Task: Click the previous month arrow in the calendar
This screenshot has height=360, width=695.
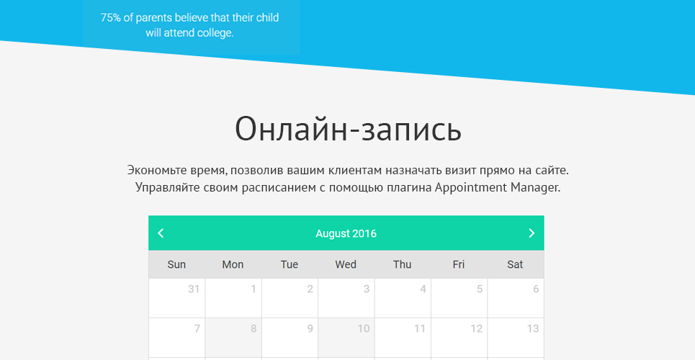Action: pyautogui.click(x=161, y=233)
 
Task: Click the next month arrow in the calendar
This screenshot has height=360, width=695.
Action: pyautogui.click(x=532, y=233)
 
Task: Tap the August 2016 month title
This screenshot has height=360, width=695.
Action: pyautogui.click(x=346, y=234)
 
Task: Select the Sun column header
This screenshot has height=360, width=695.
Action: pyautogui.click(x=176, y=265)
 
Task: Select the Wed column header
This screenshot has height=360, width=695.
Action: pyautogui.click(x=346, y=265)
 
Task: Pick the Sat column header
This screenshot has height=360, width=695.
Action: pyautogui.click(x=515, y=265)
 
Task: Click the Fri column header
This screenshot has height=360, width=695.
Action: pyautogui.click(x=459, y=265)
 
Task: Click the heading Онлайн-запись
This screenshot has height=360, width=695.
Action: pyautogui.click(x=348, y=129)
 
